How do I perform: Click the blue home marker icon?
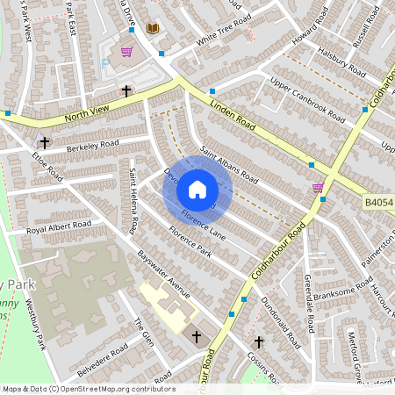click(x=197, y=190)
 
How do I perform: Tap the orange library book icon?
click(x=154, y=29)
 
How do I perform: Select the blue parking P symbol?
click(x=105, y=63)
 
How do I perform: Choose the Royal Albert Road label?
click(x=59, y=226)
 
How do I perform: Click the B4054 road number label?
click(x=378, y=203)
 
